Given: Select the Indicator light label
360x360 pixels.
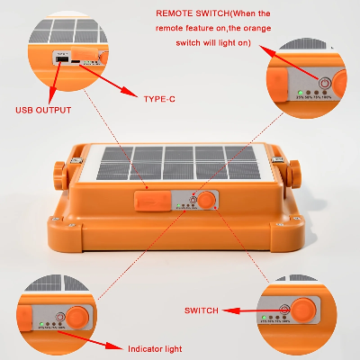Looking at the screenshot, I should (154, 346).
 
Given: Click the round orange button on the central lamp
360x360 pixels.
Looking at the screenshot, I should (206, 199).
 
